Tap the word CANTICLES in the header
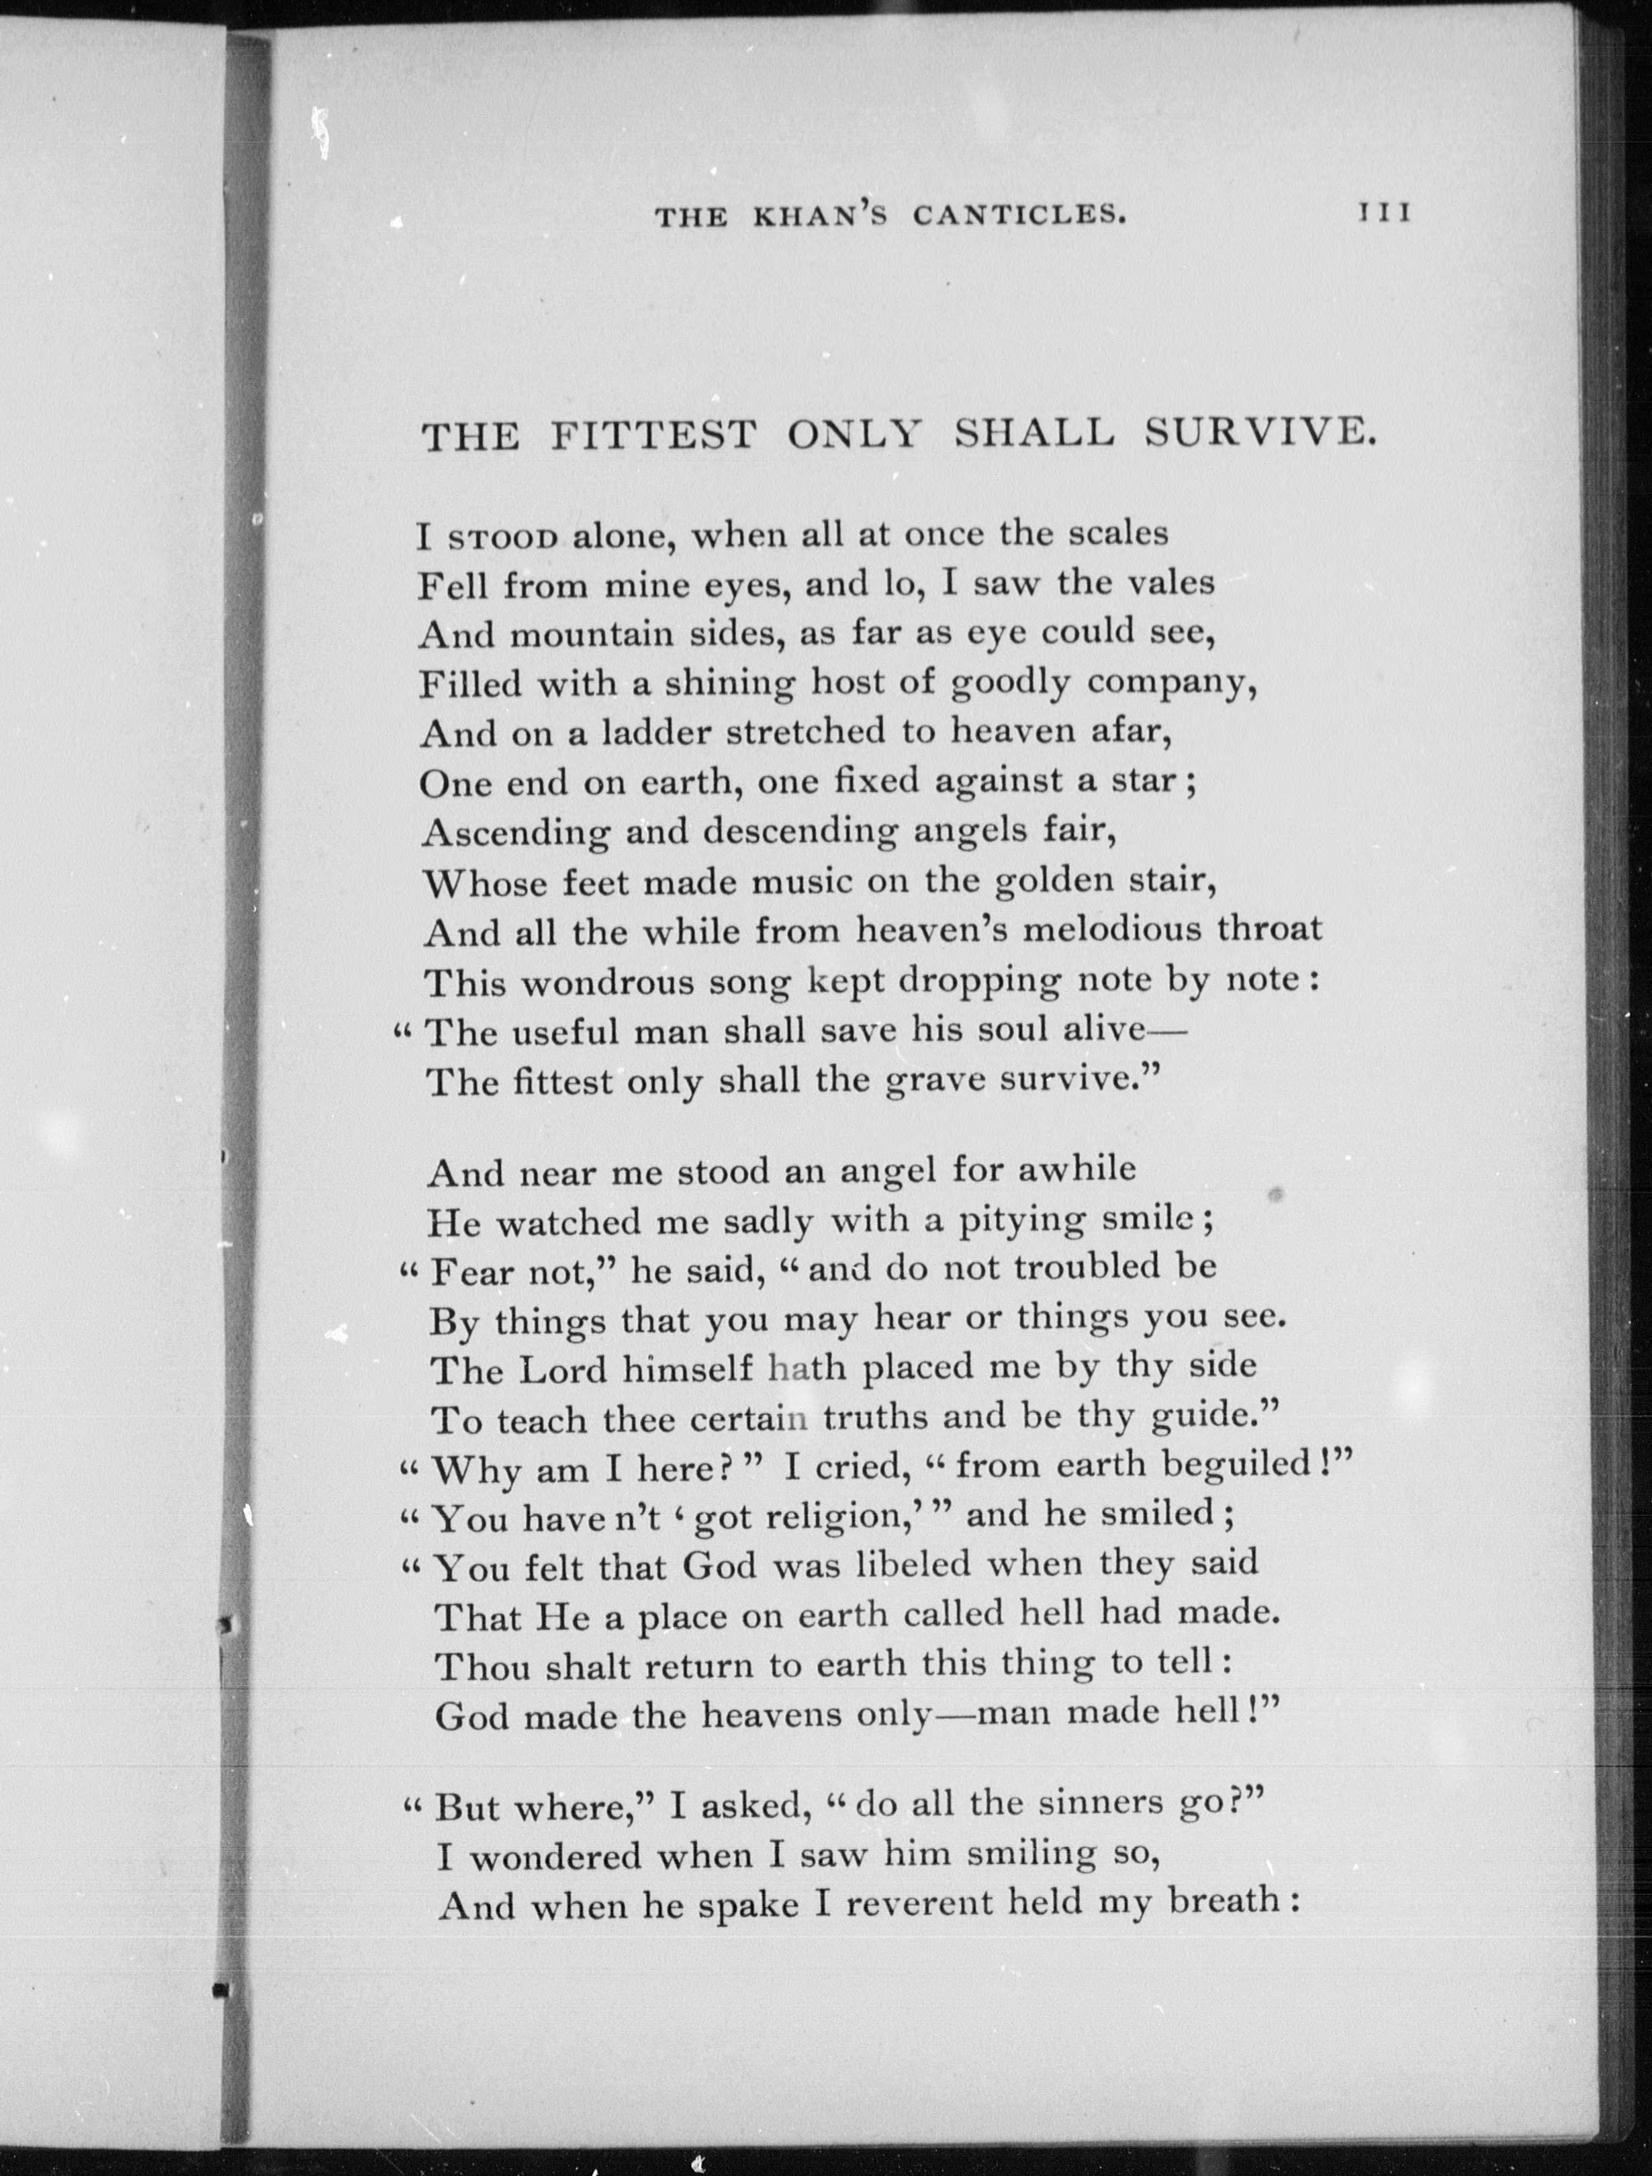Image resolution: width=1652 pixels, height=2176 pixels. point(1018,214)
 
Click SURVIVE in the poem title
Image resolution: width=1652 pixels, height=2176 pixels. point(1258,432)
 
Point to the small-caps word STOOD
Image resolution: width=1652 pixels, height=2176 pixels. point(504,538)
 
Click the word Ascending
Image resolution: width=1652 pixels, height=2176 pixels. point(516,833)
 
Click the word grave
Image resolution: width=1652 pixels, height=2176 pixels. point(935,1081)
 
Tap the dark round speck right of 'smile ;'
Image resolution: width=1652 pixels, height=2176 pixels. point(1276,1195)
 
